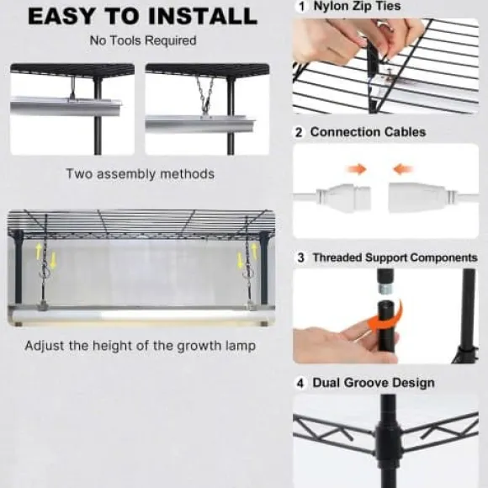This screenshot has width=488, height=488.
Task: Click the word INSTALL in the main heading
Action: [203, 16]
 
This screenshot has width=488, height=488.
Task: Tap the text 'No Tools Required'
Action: [143, 40]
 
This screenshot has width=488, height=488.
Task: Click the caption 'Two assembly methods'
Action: [141, 173]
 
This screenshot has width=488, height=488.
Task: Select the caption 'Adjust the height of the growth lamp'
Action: [141, 346]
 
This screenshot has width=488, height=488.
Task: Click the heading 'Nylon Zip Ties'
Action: [357, 6]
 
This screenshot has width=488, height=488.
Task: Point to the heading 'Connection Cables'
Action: [369, 132]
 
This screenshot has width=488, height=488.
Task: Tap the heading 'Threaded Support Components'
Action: [395, 257]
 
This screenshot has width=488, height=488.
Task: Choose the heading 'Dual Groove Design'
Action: [374, 383]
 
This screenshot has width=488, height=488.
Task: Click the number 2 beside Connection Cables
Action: [299, 133]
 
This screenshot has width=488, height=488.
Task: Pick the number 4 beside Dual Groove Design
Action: [300, 384]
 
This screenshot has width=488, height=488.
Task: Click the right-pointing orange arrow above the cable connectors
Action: [357, 169]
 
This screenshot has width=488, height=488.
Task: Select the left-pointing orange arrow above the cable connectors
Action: [403, 169]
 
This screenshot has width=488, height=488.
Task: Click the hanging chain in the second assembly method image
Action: [205, 95]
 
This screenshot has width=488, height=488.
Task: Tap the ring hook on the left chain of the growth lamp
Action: [45, 273]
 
